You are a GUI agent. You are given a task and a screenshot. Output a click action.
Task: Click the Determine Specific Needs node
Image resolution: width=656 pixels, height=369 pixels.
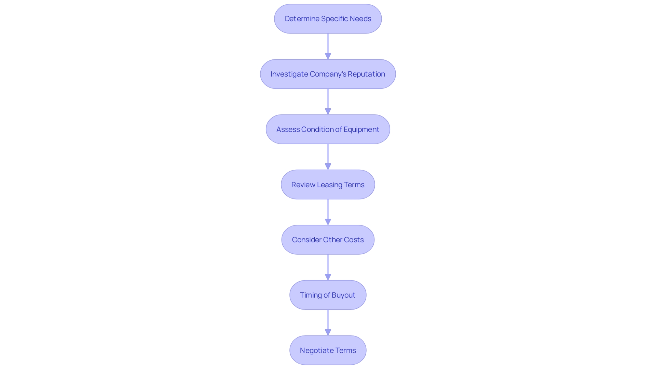pos(328,19)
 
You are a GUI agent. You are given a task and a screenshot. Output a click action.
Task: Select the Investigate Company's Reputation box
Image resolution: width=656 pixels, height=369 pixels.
pos(328,74)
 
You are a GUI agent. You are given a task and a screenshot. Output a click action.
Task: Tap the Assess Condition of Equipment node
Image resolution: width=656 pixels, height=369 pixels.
pos(328,129)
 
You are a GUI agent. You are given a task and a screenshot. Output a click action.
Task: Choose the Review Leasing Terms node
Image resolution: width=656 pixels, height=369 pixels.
pos(328,185)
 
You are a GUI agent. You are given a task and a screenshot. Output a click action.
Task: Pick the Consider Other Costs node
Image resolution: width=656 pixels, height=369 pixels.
pos(328,240)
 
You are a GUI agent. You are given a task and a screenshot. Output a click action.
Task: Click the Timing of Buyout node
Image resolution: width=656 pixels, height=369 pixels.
pos(328,295)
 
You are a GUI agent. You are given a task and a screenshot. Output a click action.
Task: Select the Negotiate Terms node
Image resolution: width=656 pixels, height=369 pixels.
pos(328,351)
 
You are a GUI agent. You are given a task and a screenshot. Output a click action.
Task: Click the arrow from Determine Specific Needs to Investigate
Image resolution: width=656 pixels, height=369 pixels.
pos(328,46)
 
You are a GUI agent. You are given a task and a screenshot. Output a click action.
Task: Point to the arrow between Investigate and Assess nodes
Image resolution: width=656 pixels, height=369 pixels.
pos(328,101)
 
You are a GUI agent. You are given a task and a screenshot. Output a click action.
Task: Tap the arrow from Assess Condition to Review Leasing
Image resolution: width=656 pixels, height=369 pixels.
pos(328,157)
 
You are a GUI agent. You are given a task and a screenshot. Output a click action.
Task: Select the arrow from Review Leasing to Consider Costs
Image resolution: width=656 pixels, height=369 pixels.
pos(328,212)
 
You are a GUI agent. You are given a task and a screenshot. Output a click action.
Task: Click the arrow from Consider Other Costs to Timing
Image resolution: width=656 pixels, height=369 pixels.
pos(328,267)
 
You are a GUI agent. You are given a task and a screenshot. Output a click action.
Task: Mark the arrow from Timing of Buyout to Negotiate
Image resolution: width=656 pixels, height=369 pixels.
pos(328,323)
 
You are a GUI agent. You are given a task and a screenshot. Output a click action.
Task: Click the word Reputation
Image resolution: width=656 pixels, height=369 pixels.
pos(366,74)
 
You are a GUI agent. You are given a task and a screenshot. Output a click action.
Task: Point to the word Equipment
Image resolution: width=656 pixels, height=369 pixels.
pos(361,129)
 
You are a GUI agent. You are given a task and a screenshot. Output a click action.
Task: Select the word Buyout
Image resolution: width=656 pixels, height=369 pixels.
pos(343,295)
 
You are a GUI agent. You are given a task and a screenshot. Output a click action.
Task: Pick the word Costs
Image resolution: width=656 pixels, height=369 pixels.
pos(354,240)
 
